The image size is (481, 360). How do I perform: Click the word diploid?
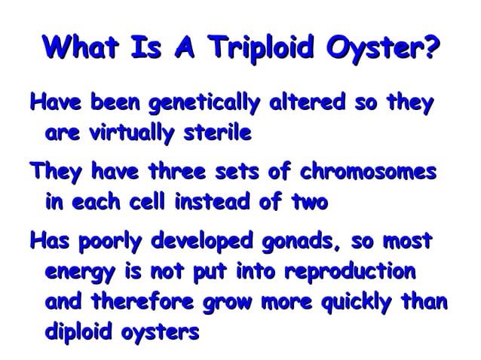(78, 333)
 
